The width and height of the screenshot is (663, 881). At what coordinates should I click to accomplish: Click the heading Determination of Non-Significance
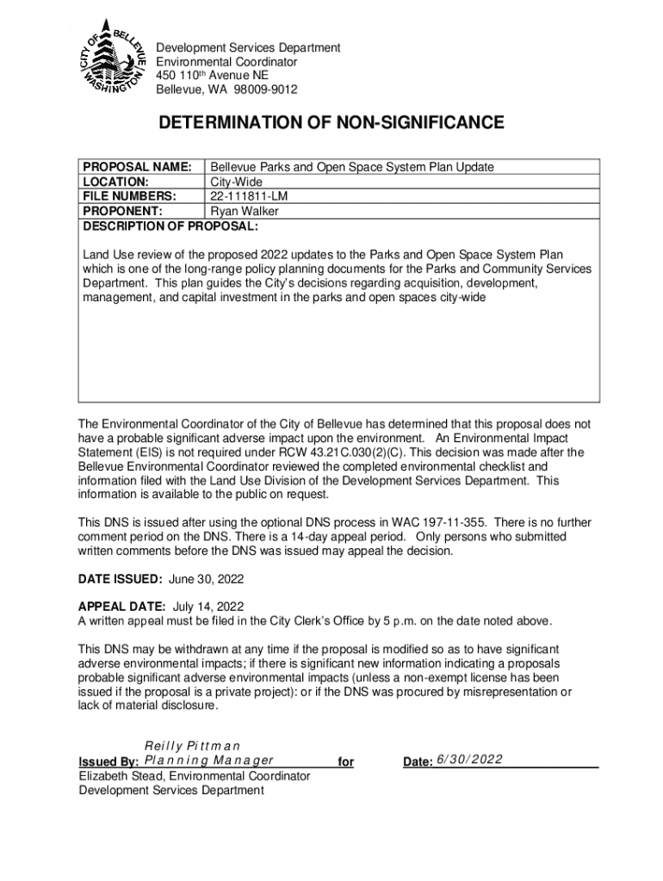(331, 124)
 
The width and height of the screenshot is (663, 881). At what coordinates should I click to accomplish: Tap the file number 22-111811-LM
(250, 196)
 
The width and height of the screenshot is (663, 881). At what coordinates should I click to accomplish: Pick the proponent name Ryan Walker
(245, 211)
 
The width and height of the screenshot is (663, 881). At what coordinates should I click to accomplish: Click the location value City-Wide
(237, 182)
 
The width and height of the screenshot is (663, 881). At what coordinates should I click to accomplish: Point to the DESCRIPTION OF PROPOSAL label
(169, 226)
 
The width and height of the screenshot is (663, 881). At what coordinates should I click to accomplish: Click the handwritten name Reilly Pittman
(192, 745)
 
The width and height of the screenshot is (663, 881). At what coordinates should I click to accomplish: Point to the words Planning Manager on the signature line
(209, 761)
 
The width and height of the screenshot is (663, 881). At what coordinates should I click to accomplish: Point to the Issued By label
(108, 762)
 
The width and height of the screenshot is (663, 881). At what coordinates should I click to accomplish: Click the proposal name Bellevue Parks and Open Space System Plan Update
(352, 167)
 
